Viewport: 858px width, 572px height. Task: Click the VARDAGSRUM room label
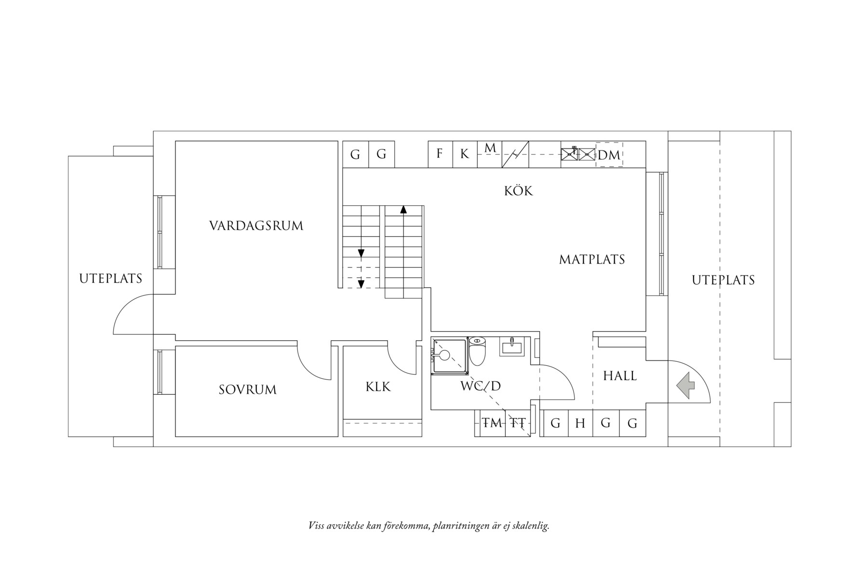point(256,226)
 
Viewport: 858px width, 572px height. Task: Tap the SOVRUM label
point(248,389)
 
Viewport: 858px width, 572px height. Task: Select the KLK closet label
point(378,386)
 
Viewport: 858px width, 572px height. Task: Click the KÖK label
point(519,191)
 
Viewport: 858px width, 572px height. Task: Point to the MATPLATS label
point(592,260)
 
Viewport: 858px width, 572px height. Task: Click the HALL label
point(620,376)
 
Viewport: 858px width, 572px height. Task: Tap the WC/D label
point(481,386)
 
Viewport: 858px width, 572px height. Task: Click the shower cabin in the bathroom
point(450,356)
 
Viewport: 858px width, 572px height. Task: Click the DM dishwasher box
point(609,155)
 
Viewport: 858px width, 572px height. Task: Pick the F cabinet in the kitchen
point(440,154)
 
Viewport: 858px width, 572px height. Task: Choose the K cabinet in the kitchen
point(465,154)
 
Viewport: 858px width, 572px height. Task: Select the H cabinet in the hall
point(580,424)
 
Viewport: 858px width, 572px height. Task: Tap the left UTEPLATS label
point(110,279)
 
